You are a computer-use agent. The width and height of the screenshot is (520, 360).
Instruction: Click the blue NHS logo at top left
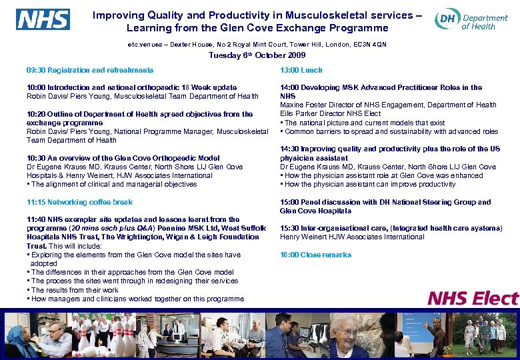click(43, 19)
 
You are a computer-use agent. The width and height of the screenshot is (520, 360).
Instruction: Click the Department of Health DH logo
click(471, 21)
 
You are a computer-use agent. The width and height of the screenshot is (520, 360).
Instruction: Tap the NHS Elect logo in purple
click(472, 298)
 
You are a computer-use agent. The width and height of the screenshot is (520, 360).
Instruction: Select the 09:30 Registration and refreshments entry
click(90, 70)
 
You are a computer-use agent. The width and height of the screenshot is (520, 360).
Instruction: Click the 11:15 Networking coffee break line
click(79, 202)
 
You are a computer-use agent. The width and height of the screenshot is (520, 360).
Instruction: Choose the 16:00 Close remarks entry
click(315, 255)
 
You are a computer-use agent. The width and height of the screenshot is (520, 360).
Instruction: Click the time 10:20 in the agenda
click(35, 114)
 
